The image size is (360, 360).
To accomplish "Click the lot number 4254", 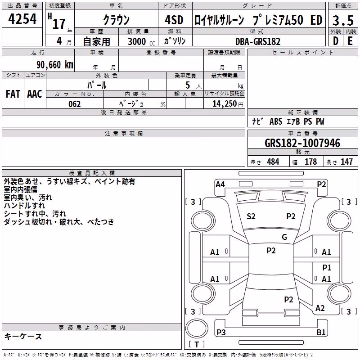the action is tap(22, 19).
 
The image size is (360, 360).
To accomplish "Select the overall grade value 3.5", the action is tap(343, 20).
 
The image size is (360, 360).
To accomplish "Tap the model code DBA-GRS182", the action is tap(258, 41).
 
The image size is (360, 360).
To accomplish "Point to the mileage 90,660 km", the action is tap(55, 65).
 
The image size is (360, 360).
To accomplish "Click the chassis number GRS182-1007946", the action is tap(302, 143).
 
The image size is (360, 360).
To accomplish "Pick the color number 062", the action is tap(75, 104).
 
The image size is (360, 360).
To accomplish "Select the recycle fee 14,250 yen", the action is tap(228, 104).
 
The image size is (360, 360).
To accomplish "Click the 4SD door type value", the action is tap(174, 20).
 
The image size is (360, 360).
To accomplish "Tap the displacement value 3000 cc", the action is tap(141, 41).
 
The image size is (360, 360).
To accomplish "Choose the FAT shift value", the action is tap(13, 94).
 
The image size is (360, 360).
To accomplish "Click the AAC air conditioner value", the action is tap(35, 94).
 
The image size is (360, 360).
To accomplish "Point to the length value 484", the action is tap(273, 162).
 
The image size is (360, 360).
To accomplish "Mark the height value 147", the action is tap(346, 162).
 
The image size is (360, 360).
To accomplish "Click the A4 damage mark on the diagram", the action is tap(220, 184).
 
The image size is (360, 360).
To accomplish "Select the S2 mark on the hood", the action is tap(251, 216).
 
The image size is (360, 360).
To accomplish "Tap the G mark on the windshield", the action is tap(284, 237).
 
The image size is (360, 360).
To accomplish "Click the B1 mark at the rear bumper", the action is tap(321, 332).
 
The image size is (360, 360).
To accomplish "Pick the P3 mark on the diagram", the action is tap(221, 332).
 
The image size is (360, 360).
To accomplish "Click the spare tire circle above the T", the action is tap(197, 329).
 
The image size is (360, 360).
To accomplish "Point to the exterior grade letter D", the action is tap(336, 41).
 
